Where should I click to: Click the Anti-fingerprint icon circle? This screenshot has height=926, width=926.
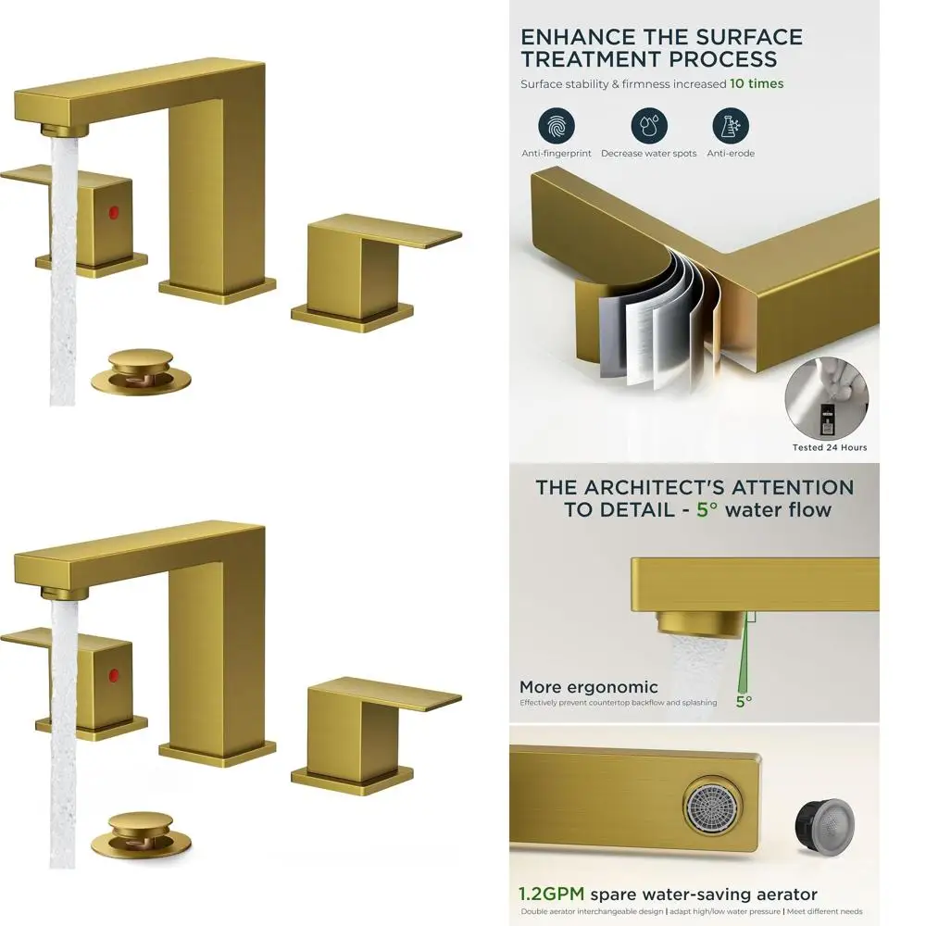pos(556,126)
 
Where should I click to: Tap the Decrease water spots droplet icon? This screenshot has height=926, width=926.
pos(649,126)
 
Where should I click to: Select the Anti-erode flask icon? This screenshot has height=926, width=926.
pos(730,126)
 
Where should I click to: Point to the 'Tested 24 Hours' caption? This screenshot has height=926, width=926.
pos(830,447)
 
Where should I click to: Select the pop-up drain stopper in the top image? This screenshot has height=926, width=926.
pos(140,369)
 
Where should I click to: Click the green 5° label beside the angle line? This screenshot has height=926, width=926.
pos(743,701)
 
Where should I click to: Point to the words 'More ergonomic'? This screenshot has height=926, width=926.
pos(588,687)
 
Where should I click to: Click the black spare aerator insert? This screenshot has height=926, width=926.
pos(825,821)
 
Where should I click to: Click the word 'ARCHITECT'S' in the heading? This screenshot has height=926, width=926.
pos(660,487)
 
